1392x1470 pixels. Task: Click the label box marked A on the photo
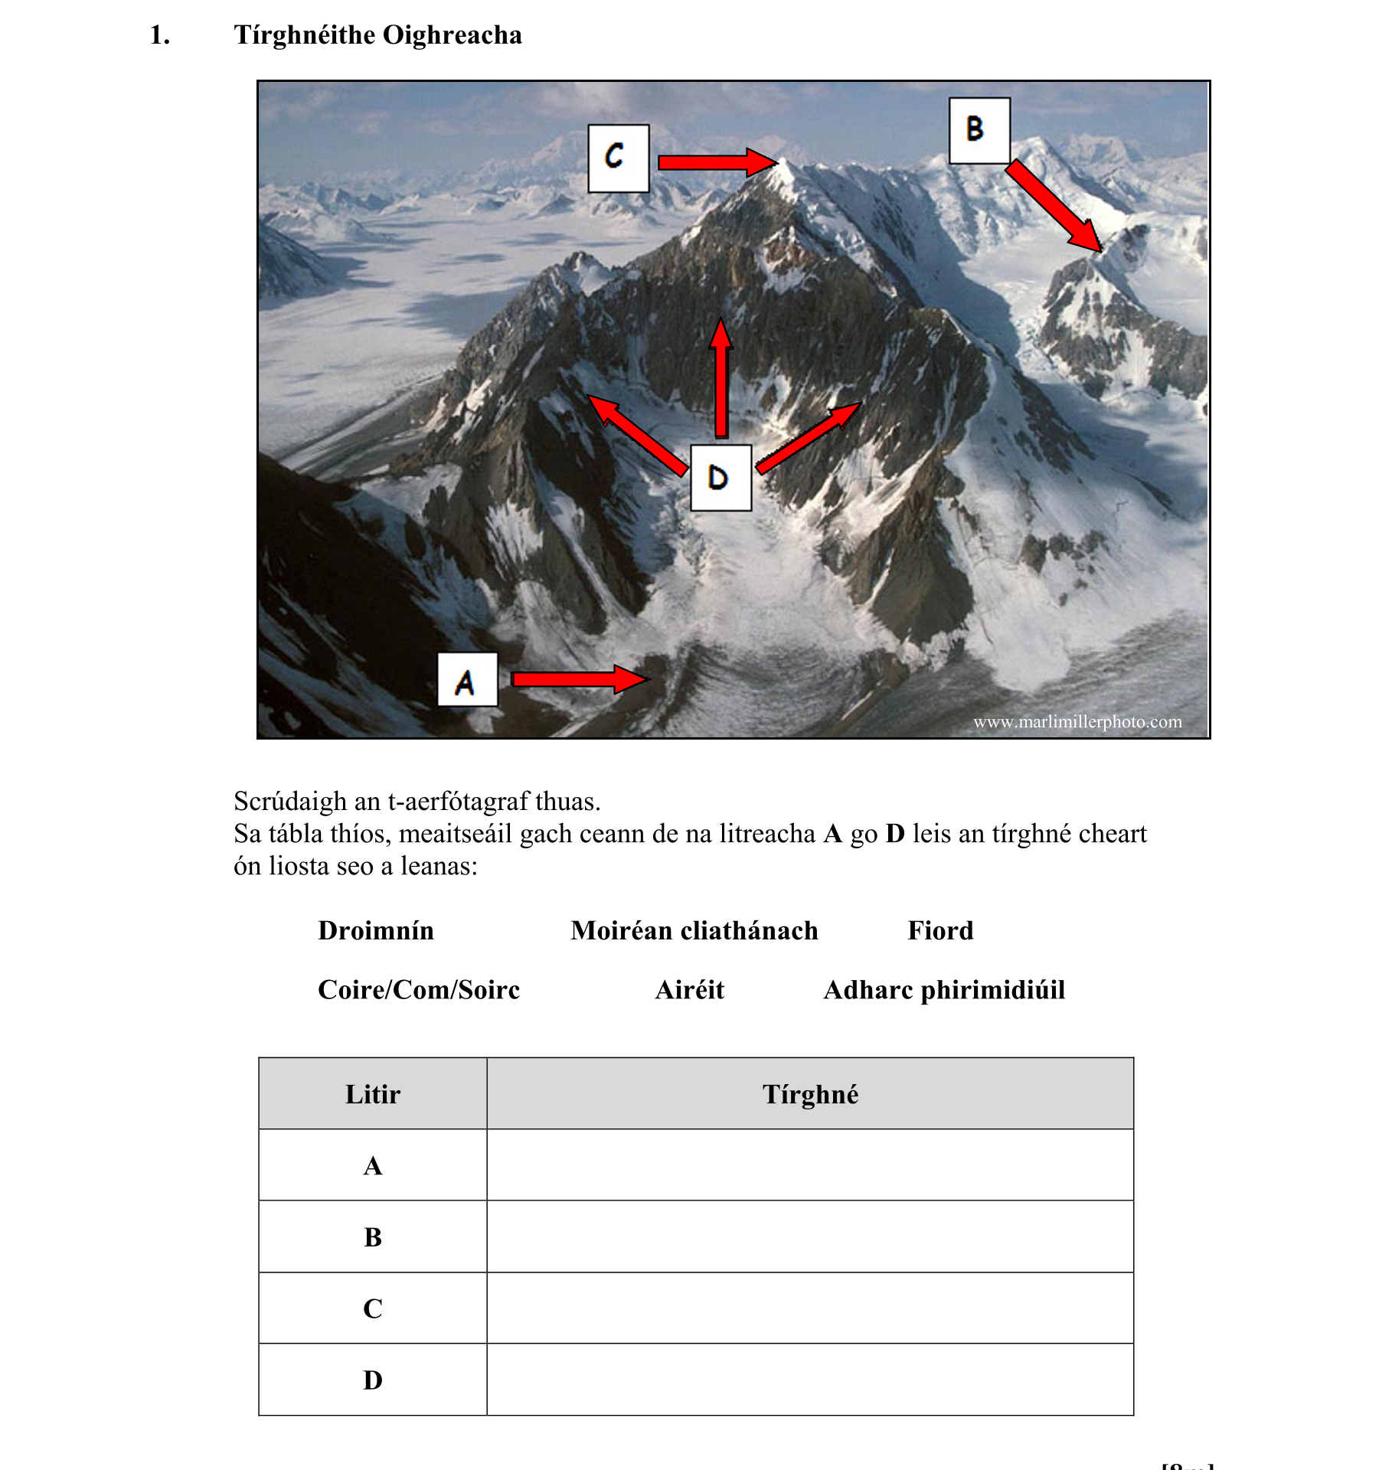(467, 680)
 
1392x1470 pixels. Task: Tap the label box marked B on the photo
(979, 130)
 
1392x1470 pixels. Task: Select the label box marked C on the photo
(618, 158)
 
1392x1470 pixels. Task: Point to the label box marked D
(721, 478)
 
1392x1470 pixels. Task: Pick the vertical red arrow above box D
(721, 379)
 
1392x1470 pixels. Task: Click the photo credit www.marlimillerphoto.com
(1077, 722)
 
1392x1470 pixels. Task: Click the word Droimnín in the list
(376, 931)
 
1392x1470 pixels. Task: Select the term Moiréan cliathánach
(694, 931)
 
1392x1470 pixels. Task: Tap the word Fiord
(939, 931)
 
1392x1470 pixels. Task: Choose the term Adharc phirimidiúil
(943, 990)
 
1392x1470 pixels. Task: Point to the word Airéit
(689, 990)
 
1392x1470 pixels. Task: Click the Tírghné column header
(809, 1094)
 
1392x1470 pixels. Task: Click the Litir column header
(372, 1094)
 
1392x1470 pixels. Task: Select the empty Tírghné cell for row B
(809, 1236)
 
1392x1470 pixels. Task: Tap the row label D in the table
(372, 1380)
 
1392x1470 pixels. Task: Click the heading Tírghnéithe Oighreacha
(377, 35)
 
